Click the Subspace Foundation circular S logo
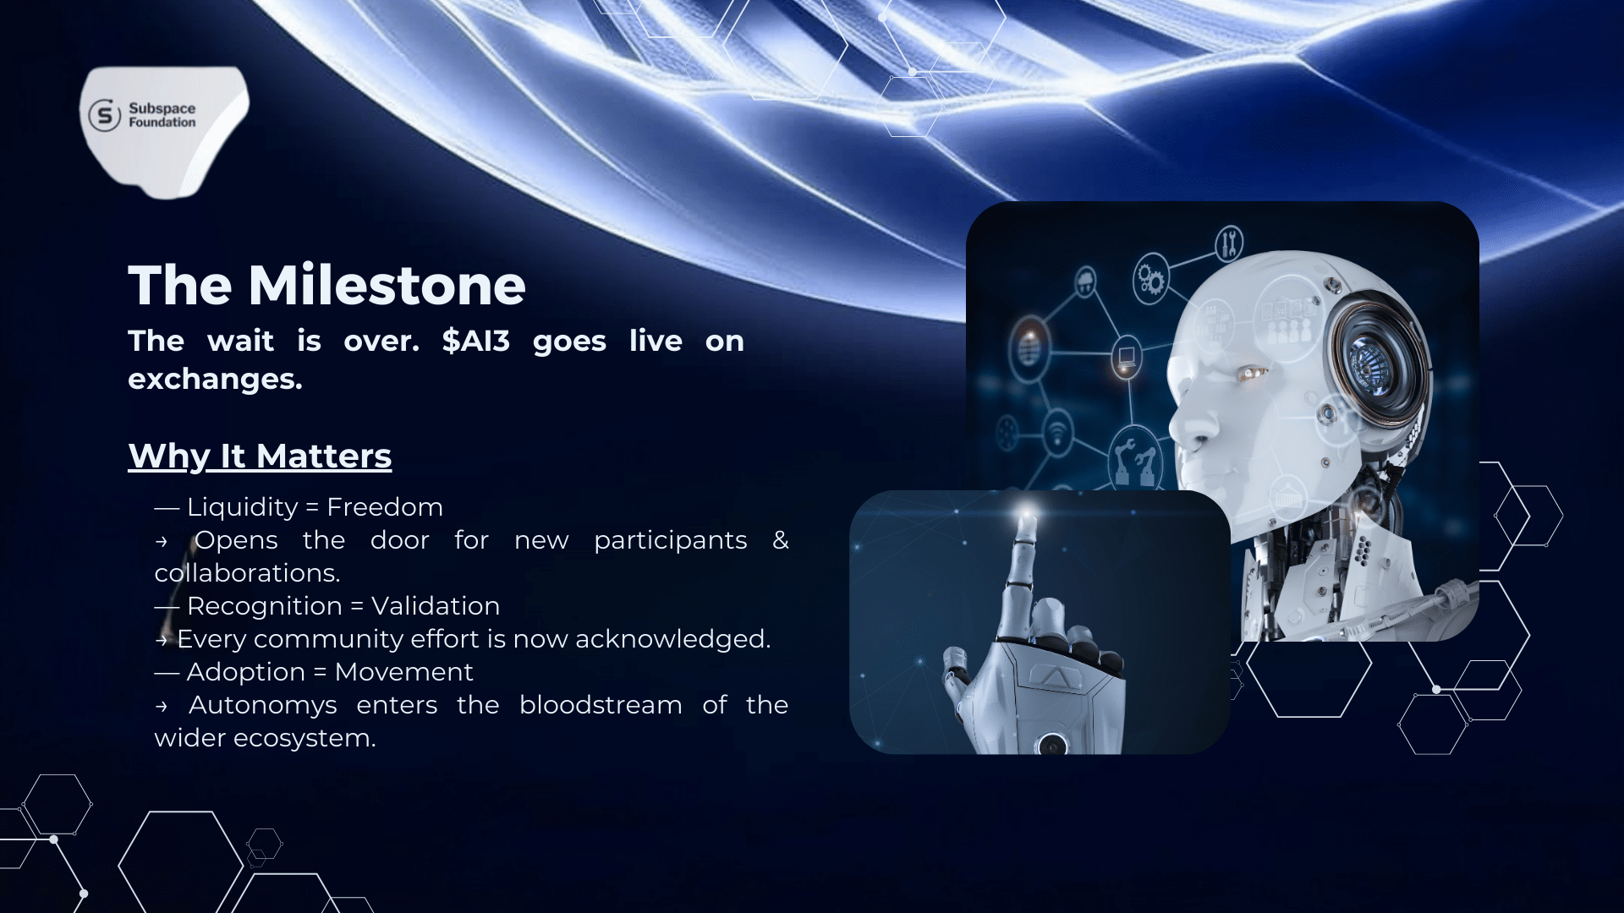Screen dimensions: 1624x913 (x=105, y=115)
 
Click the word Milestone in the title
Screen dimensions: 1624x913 (x=387, y=285)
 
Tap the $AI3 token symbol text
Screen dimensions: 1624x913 (x=476, y=341)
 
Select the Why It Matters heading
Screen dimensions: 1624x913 (x=260, y=456)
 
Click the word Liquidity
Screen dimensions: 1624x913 (x=243, y=506)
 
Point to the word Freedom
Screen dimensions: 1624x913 (x=385, y=506)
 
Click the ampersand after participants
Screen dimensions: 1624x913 (x=780, y=539)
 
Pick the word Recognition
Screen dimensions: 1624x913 (x=265, y=605)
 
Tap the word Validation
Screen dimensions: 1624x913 (x=436, y=605)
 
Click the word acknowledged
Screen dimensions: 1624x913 (x=672, y=638)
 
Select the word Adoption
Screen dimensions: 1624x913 (x=246, y=671)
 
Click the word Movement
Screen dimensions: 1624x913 (x=403, y=671)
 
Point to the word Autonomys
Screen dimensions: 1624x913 (x=262, y=704)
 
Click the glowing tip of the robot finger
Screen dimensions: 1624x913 (x=1026, y=513)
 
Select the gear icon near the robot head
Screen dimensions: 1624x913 (x=1150, y=278)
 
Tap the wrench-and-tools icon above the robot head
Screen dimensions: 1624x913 (x=1229, y=243)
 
